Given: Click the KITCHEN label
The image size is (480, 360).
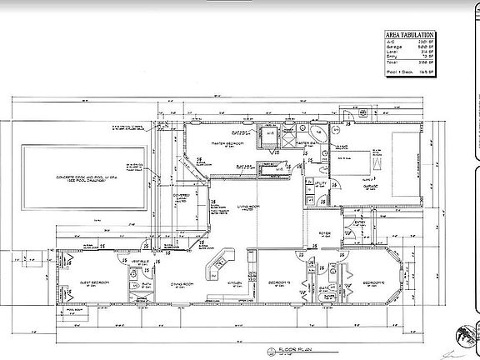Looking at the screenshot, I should (236, 283).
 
